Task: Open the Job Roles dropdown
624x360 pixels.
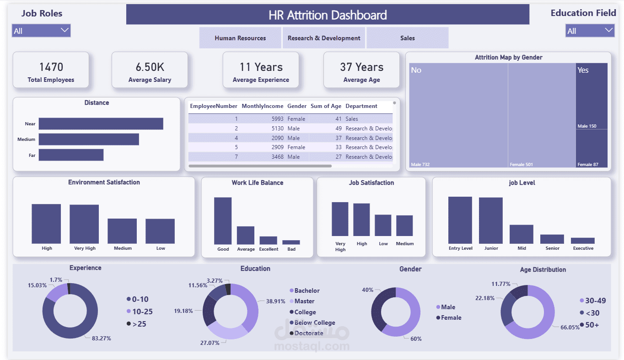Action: tap(41, 31)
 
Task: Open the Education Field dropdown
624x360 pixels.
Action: tap(590, 31)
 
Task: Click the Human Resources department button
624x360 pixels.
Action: tap(240, 38)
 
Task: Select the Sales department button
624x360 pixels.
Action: tap(407, 38)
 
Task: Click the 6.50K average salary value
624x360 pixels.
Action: tap(150, 67)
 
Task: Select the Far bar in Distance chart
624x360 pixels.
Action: tap(71, 155)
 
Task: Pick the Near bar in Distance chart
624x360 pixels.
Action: tap(101, 124)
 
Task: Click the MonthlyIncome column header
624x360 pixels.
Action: tap(262, 106)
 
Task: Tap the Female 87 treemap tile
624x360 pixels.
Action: tap(592, 149)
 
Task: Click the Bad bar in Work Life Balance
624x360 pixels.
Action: tap(291, 242)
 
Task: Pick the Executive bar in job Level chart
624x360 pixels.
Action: tap(582, 241)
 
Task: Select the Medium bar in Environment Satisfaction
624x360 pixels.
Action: tap(122, 231)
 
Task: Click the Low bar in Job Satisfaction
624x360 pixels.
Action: tap(383, 226)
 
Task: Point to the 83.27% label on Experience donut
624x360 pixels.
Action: tap(102, 339)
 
